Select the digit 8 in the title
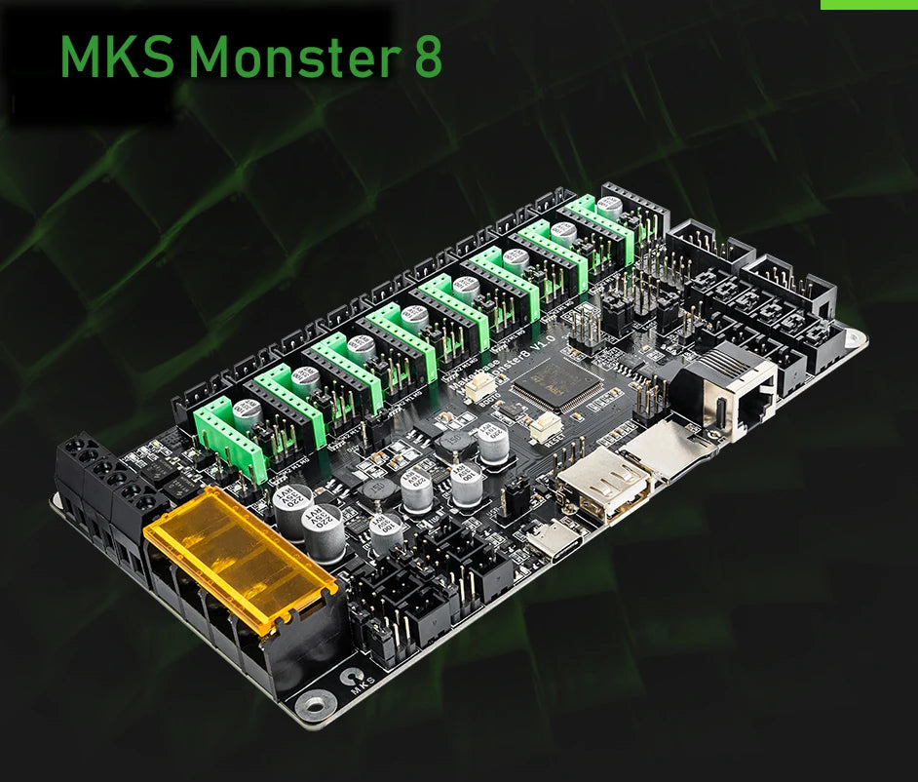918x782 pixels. (426, 57)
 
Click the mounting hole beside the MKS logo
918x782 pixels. (315, 700)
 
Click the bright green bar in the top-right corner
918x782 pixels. (868, 5)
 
